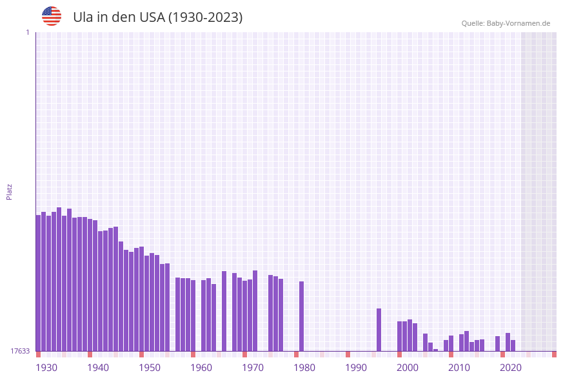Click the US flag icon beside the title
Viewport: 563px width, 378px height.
pos(52,16)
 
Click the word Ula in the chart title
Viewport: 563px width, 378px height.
pos(83,17)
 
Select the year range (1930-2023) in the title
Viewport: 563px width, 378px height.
pos(205,17)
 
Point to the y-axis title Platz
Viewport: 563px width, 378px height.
pos(10,191)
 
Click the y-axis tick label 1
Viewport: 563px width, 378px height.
pos(27,32)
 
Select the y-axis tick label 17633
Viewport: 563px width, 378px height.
pos(20,351)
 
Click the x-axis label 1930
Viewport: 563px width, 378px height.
pos(46,368)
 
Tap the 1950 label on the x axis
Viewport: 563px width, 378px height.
pos(150,368)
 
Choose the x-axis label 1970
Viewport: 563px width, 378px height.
pos(253,368)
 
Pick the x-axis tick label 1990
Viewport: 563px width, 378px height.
pos(356,368)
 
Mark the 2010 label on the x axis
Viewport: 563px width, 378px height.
pos(459,368)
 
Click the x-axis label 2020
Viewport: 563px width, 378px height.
pos(511,368)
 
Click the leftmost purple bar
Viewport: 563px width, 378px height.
pos(39,283)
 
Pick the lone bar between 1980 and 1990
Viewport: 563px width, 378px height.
pos(301,316)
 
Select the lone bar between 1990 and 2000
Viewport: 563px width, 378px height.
pos(379,329)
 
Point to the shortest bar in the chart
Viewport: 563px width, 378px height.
pos(436,350)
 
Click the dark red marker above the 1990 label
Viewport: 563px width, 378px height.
pos(348,354)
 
